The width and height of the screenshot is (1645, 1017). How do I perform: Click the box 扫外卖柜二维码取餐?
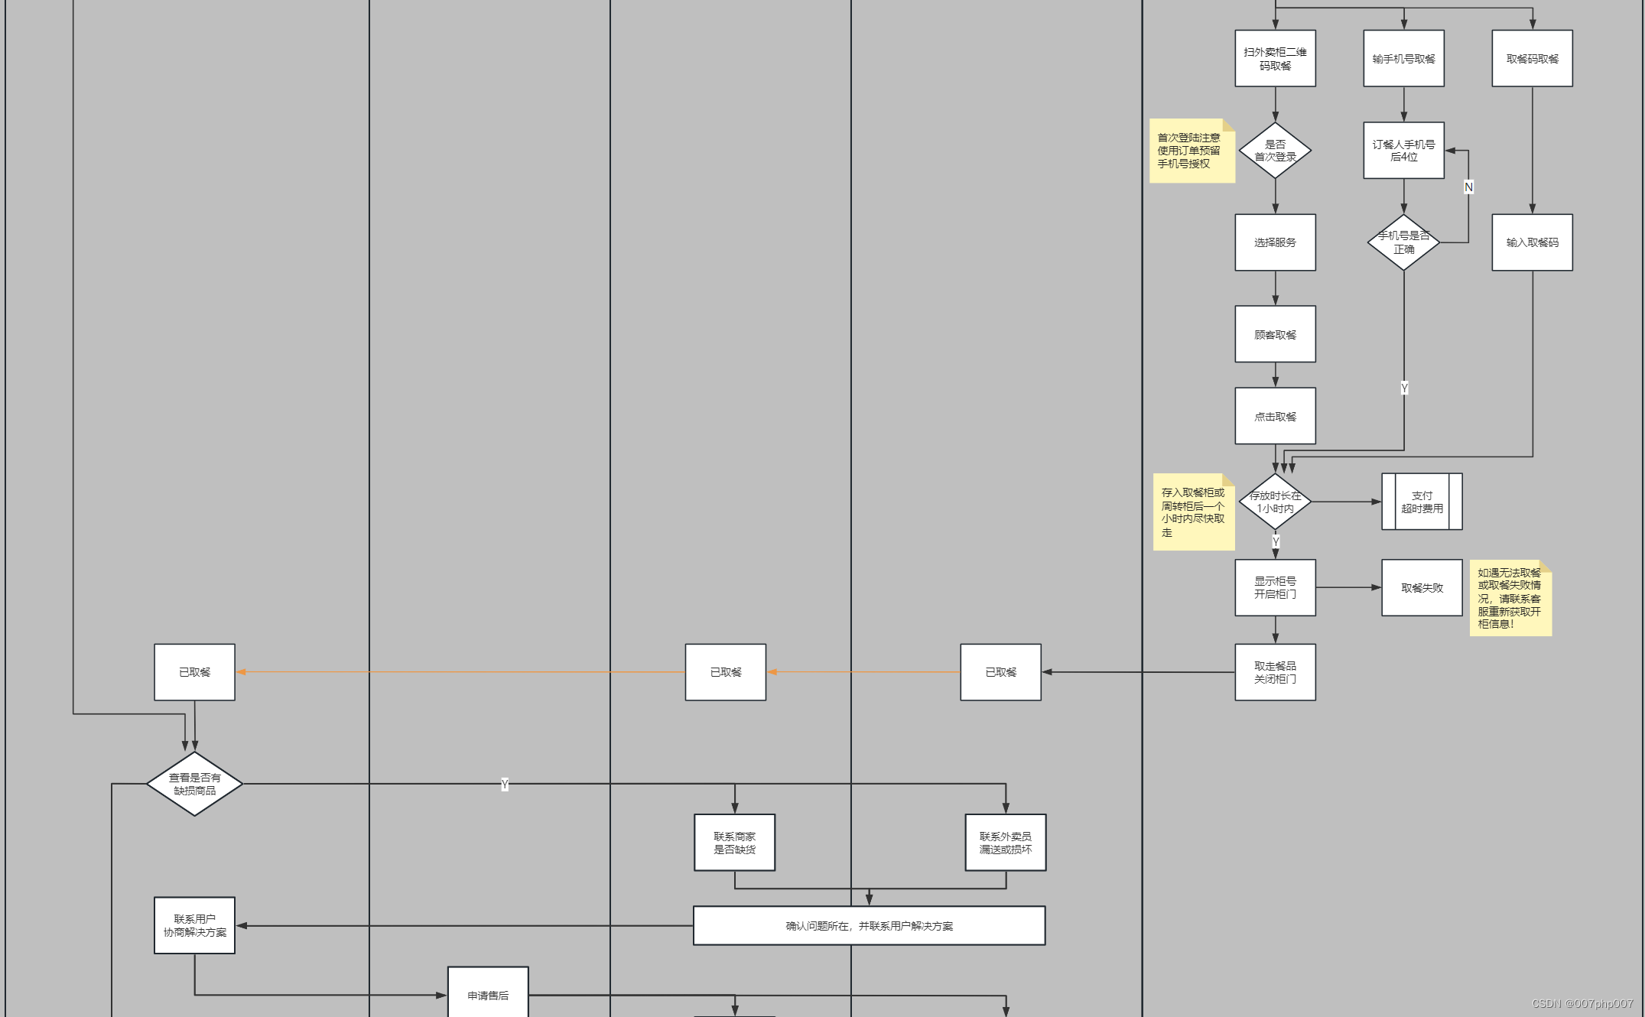1275,59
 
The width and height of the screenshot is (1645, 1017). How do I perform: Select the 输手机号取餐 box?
1403,59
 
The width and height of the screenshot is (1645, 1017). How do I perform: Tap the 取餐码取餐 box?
1532,59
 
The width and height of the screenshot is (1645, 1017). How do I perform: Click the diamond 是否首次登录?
1275,151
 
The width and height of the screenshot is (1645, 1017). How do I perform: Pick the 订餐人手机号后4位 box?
1403,151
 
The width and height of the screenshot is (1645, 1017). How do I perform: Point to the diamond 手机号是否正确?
1403,242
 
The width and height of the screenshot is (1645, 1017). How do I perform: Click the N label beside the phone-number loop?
1468,187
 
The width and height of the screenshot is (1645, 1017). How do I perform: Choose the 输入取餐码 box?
1532,242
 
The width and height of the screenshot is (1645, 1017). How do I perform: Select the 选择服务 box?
1275,242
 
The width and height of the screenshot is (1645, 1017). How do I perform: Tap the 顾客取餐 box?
1275,334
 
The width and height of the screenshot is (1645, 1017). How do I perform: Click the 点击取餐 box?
1275,416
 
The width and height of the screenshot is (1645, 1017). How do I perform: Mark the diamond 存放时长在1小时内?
1275,502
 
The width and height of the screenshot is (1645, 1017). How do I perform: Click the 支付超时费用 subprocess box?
1422,502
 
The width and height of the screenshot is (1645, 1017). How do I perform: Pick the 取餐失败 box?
1422,587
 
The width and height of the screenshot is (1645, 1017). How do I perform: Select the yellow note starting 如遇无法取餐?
1510,599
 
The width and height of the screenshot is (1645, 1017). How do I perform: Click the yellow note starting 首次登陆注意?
1191,151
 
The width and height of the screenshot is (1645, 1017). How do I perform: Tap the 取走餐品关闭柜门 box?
1275,672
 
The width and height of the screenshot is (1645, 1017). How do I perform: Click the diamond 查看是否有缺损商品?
194,784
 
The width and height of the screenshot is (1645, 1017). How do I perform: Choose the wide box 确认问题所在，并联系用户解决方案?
869,926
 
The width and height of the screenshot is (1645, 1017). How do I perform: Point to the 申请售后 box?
488,993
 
